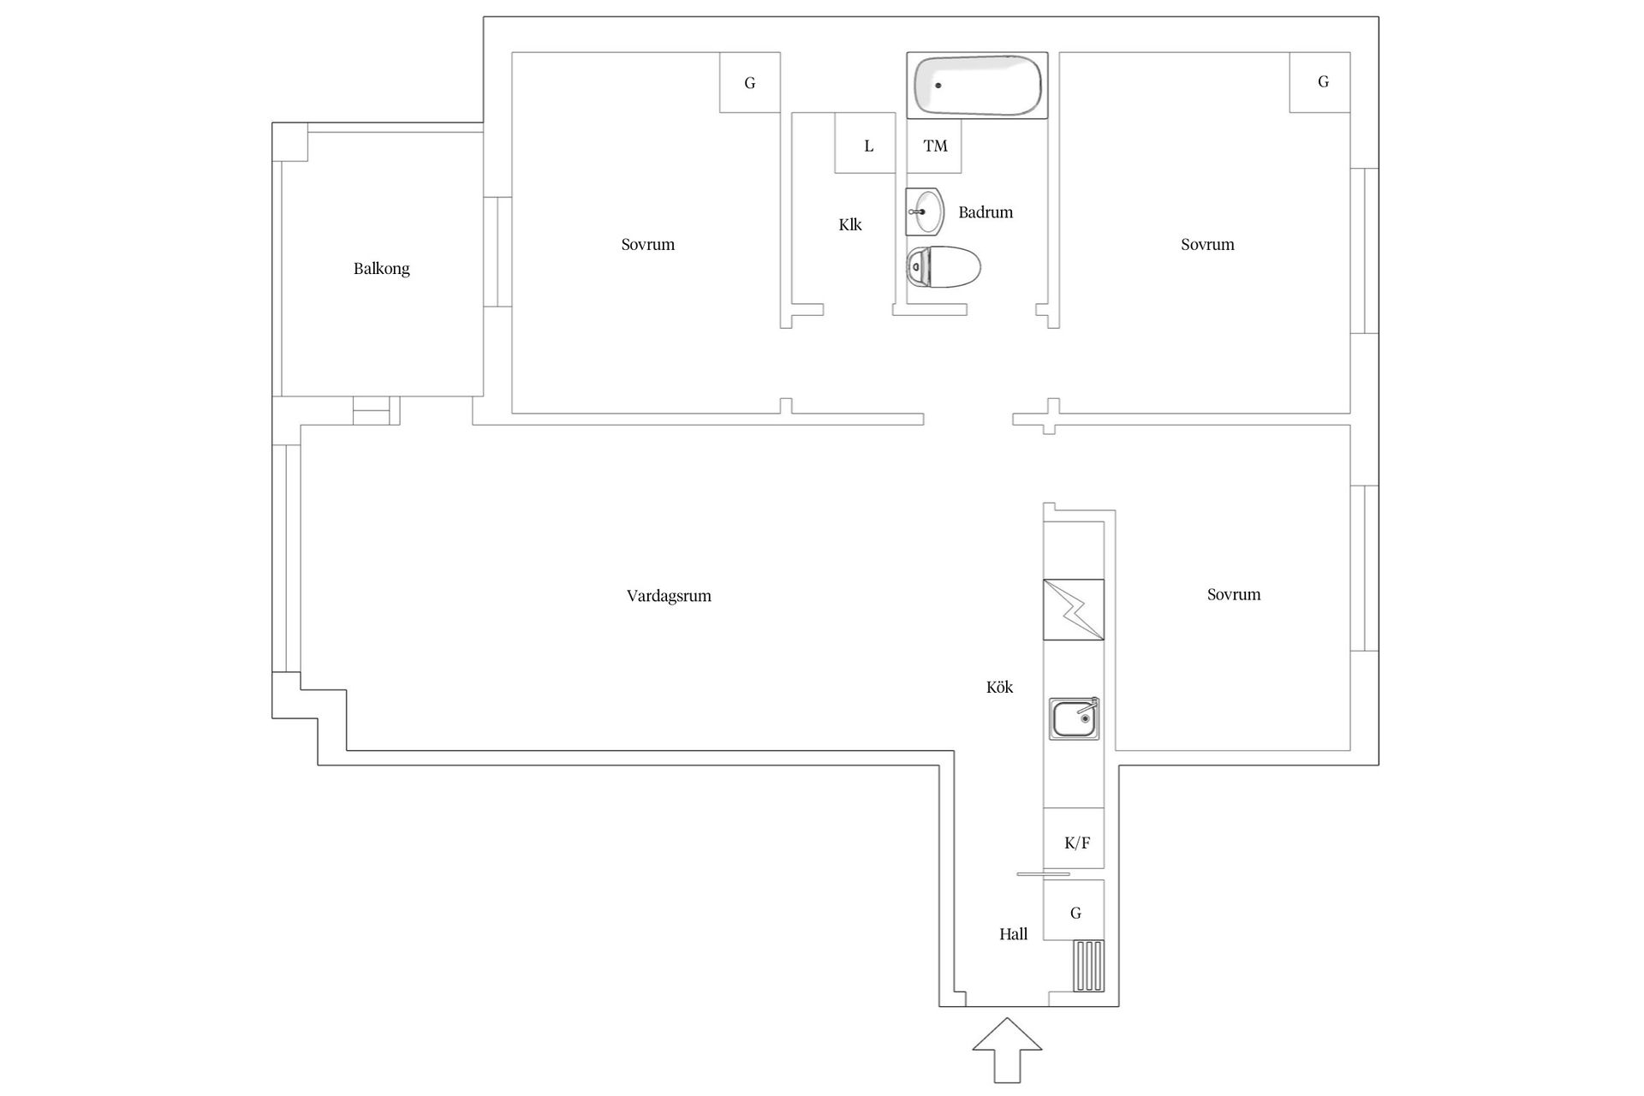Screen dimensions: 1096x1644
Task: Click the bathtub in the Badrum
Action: pos(977,86)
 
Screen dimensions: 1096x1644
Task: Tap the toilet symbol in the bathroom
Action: pos(944,268)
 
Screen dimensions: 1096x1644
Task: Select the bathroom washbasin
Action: pos(925,211)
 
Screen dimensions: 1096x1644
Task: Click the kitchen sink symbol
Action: pos(1074,718)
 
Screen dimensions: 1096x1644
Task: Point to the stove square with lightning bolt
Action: pos(1073,610)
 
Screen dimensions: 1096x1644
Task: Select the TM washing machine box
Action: pos(934,146)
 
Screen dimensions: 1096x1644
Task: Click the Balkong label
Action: pos(381,269)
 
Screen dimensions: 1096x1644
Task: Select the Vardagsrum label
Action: pos(669,596)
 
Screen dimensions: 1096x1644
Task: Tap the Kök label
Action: pos(999,688)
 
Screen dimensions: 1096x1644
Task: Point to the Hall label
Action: pos(1013,934)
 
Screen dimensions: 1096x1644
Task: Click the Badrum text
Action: pos(986,212)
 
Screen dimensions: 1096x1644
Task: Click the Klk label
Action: pos(849,225)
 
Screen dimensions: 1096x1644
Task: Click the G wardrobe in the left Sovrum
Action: pos(749,83)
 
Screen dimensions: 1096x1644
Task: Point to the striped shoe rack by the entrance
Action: pos(1089,966)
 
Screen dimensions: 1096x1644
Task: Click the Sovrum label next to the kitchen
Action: pos(1233,594)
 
